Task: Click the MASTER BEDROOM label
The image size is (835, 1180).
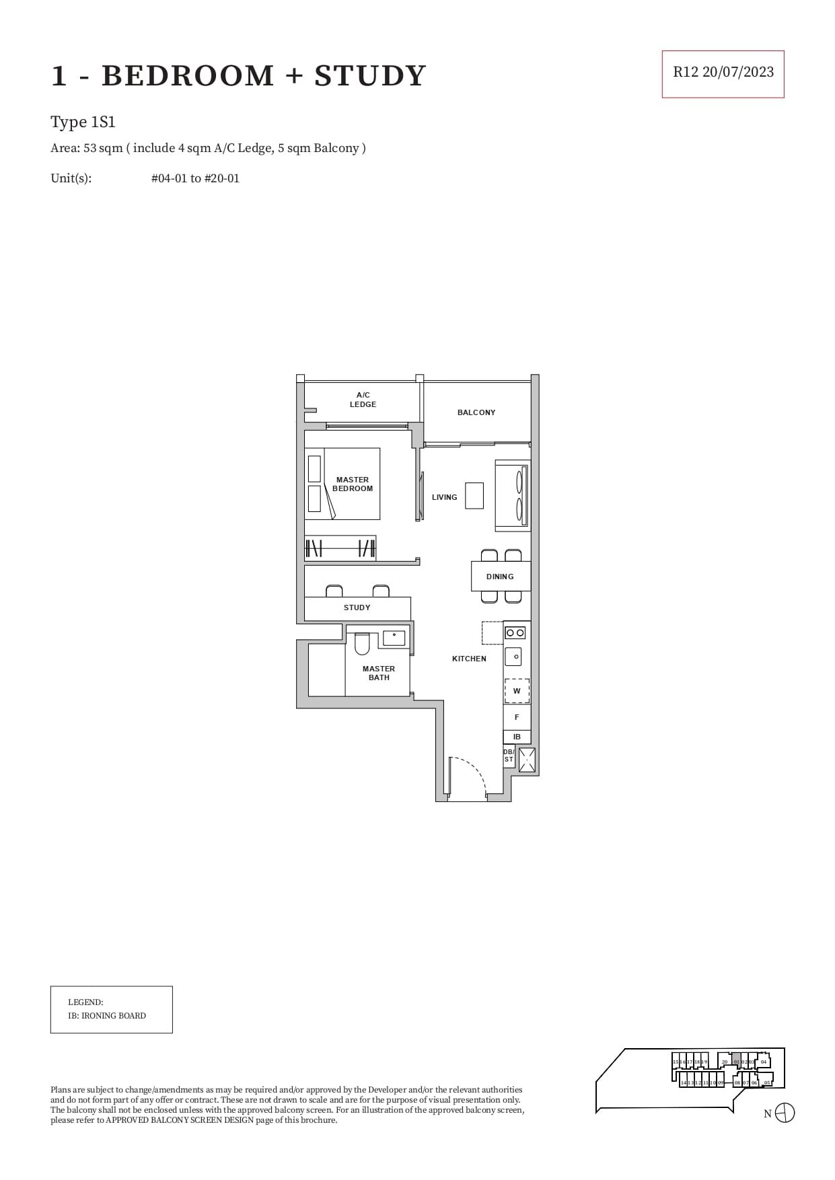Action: (353, 484)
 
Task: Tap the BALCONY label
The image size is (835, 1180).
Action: (476, 412)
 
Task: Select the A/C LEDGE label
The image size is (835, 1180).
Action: (363, 400)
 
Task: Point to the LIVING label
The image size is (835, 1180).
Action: (444, 497)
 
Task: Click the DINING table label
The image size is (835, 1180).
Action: (500, 577)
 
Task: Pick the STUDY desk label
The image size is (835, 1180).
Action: (357, 607)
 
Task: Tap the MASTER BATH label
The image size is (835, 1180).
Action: (379, 673)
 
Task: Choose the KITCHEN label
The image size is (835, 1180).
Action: (469, 659)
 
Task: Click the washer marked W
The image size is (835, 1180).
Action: (517, 691)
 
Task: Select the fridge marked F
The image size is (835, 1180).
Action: (517, 717)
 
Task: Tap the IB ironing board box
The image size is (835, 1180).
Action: (517, 737)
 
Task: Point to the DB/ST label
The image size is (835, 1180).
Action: (509, 755)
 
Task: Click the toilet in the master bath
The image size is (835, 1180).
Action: (362, 644)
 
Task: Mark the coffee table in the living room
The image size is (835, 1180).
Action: (474, 496)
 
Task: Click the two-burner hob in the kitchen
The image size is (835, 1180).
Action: (515, 632)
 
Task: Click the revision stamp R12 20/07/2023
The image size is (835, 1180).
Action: (723, 73)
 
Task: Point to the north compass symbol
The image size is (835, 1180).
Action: (785, 1113)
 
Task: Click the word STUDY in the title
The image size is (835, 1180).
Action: (370, 75)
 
